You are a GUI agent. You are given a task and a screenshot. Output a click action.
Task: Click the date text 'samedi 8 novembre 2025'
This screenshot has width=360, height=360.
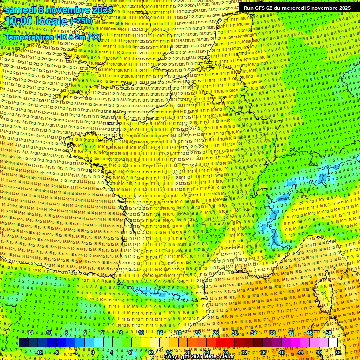(x=59, y=10)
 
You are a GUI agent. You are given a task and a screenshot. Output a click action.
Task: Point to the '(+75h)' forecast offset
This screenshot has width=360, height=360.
(x=81, y=21)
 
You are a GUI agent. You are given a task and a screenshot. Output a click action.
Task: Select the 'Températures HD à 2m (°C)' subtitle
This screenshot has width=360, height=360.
(x=52, y=37)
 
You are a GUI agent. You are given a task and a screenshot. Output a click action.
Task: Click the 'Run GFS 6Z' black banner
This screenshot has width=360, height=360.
(x=297, y=8)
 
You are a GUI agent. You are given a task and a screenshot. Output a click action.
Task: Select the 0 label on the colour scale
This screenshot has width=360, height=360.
(x=93, y=352)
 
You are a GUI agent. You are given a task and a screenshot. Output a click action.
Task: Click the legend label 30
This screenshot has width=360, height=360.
(x=235, y=333)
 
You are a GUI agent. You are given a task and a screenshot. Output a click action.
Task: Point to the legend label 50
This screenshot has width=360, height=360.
(x=329, y=333)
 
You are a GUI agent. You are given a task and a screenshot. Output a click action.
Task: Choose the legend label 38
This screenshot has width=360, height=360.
(x=272, y=333)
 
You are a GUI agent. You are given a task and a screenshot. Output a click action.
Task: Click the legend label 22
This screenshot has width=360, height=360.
(x=197, y=333)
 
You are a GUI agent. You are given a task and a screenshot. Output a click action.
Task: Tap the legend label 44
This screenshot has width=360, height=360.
(x=300, y=352)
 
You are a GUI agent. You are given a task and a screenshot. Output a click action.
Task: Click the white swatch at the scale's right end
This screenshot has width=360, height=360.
(x=333, y=343)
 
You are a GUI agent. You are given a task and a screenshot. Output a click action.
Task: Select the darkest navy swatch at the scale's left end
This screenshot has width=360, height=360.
(x=23, y=343)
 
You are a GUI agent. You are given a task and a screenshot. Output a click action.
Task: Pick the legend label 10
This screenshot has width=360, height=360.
(x=141, y=333)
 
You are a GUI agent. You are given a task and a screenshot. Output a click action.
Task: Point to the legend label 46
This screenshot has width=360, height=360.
(x=310, y=333)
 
